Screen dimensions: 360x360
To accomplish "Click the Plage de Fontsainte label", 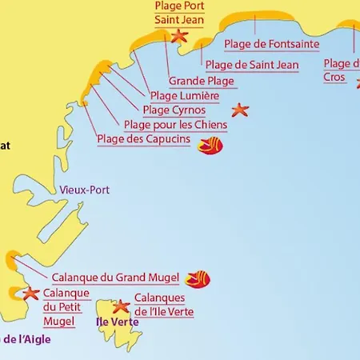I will (272, 44).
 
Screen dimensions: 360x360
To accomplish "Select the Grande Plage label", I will (202, 81).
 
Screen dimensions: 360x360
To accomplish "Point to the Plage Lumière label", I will (185, 96).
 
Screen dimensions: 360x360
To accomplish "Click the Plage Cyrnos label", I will (174, 110).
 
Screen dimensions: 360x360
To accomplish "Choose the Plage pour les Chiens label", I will (175, 125).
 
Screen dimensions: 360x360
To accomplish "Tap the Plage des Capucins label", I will (144, 139).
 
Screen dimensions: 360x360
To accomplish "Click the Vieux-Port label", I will (85, 190).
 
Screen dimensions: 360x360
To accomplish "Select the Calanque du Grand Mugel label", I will (115, 278).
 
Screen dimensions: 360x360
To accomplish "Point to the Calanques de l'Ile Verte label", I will (164, 304).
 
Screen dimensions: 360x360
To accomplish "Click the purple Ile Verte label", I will (117, 322).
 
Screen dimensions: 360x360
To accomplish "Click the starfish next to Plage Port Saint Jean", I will (178, 35).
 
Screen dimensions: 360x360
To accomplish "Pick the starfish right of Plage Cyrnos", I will (239, 110).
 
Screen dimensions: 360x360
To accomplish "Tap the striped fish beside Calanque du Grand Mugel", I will (198, 278).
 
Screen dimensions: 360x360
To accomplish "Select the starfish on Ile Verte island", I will (122, 306).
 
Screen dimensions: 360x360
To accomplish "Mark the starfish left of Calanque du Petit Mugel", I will (30, 294).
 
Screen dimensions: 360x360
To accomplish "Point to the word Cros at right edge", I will (334, 78).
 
